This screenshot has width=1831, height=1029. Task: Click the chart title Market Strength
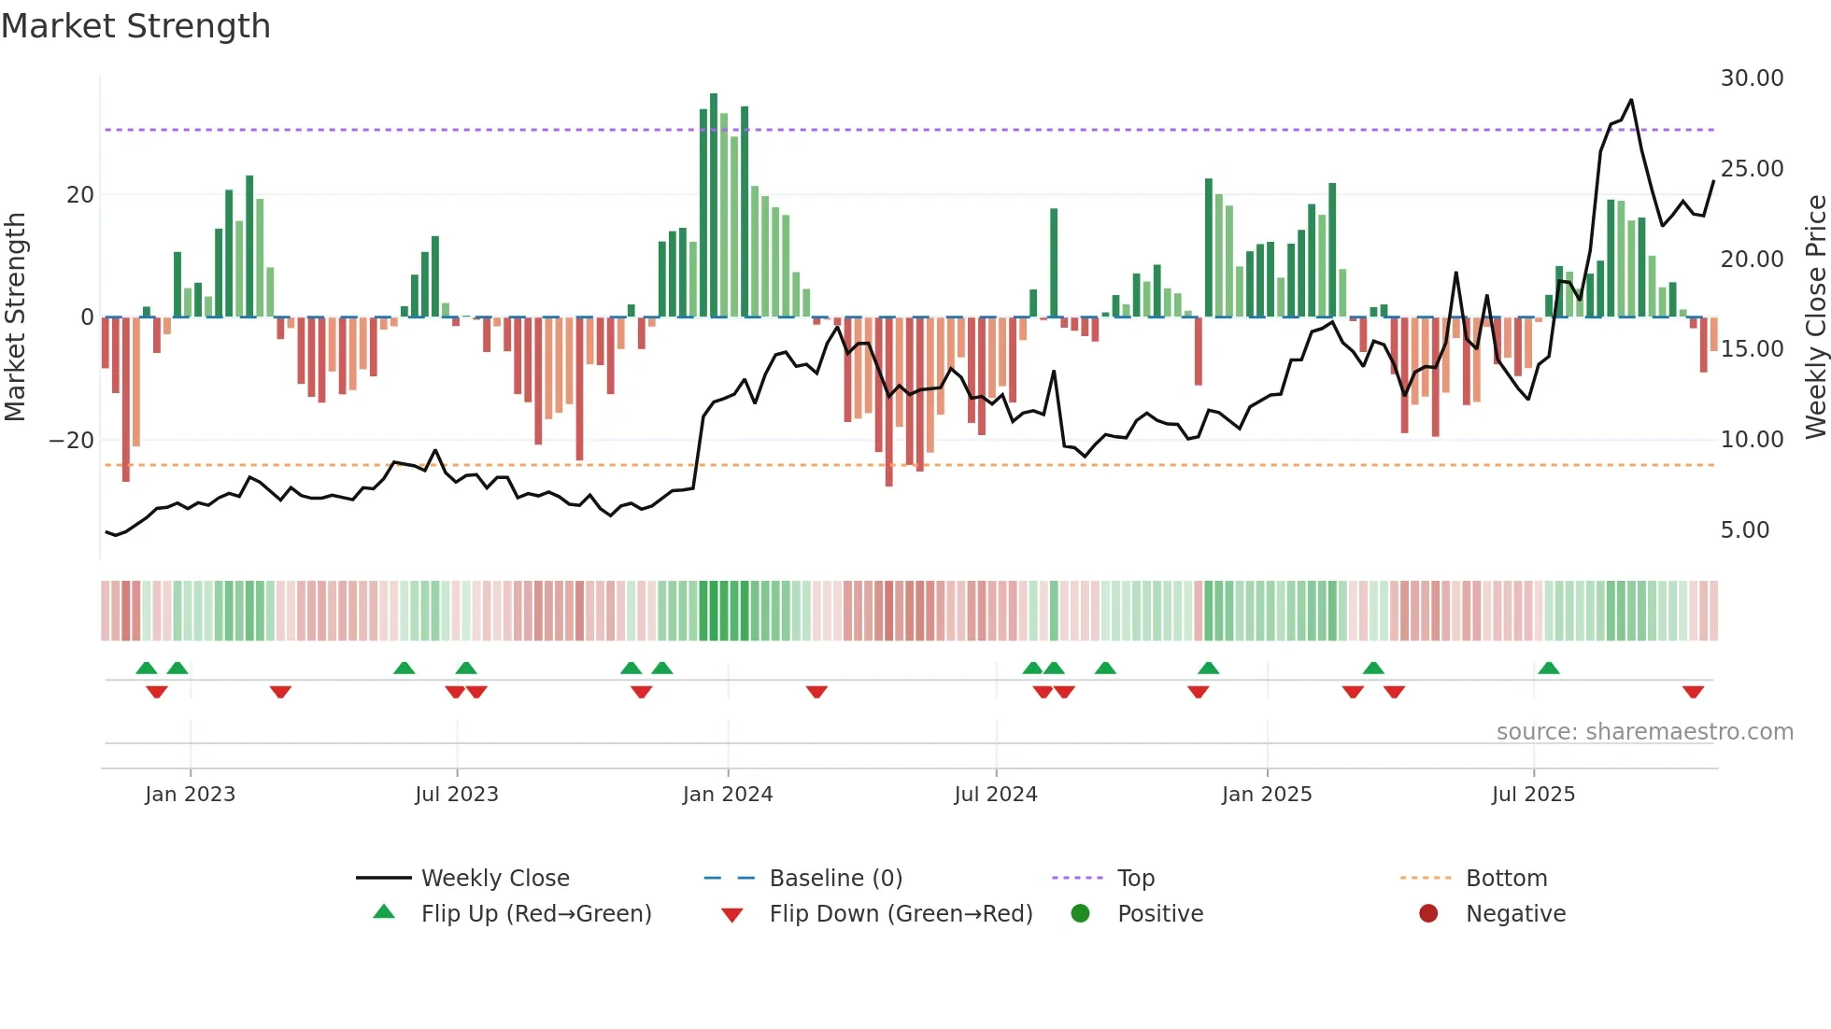135,26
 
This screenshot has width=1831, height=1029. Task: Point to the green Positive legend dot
1081,913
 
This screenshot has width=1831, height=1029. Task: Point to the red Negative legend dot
1428,913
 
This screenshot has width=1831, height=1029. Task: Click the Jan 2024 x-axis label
728,795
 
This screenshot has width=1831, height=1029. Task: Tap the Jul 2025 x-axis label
1533,795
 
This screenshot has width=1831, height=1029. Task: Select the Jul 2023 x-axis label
457,795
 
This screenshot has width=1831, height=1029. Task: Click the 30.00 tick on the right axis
1752,78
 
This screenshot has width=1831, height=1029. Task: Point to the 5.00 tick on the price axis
1744,530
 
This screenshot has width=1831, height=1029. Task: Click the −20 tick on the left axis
72,440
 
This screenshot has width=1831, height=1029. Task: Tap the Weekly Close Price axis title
1815,317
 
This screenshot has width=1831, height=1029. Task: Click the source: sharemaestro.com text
1644,732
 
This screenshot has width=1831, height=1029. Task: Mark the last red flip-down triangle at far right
1693,692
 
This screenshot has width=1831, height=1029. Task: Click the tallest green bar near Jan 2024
714,205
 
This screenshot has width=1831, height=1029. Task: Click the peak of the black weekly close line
1631,100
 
